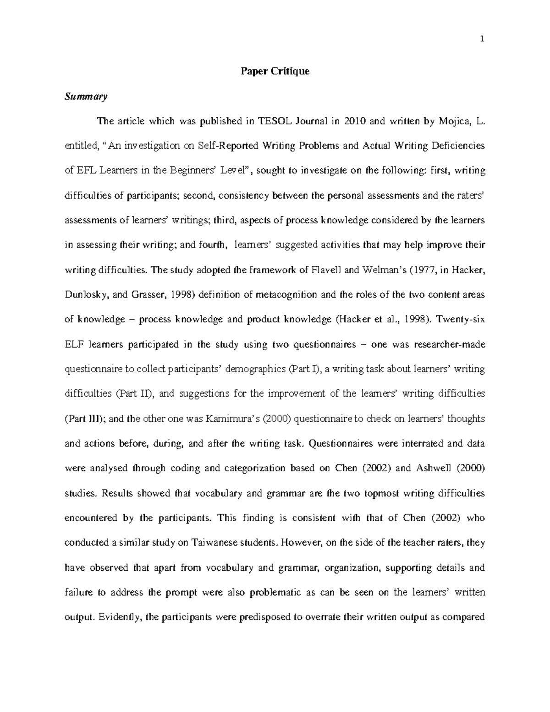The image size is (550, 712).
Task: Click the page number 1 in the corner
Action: (482, 39)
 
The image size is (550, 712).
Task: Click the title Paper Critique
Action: (275, 72)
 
